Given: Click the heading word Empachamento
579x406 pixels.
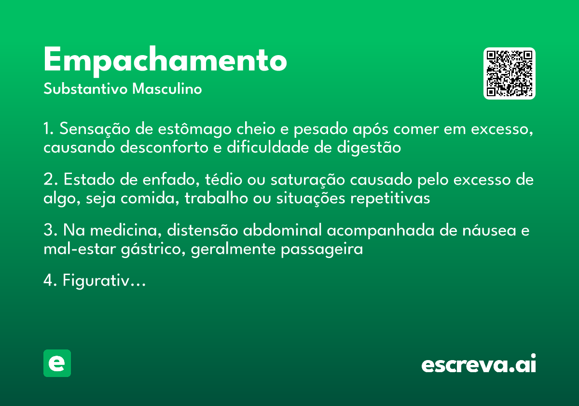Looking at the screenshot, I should click(x=165, y=61).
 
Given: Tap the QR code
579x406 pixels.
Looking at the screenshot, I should click(x=510, y=73).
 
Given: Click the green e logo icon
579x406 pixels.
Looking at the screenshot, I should click(x=57, y=363).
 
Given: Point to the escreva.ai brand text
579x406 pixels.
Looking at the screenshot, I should click(x=479, y=364).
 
